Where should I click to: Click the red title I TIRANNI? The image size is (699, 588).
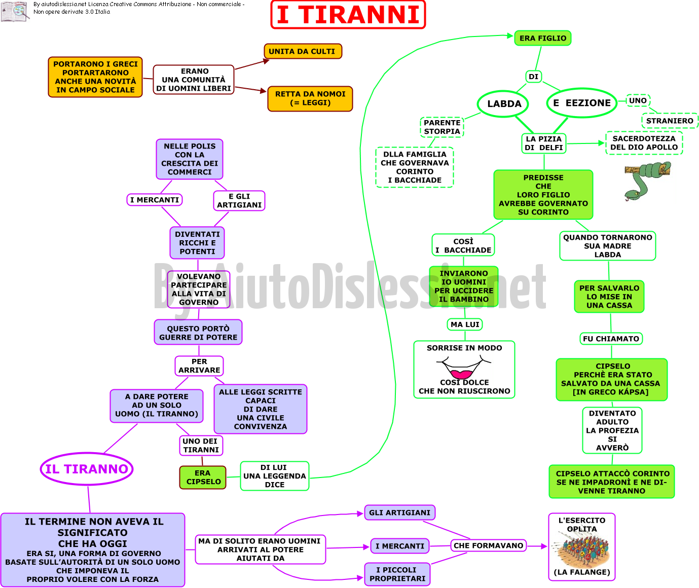pos(348,15)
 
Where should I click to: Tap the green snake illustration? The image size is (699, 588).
pos(647,181)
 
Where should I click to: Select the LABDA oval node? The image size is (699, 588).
pos(503,104)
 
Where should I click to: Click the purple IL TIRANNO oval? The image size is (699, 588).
pos(87,469)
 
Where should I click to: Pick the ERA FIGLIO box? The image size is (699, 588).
pos(543,38)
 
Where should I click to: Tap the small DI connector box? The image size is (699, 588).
pos(533,77)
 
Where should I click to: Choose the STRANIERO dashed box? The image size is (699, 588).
pos(670,121)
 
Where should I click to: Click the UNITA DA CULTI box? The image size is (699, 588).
pos(303,51)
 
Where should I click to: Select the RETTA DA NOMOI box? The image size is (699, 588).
pos(310,98)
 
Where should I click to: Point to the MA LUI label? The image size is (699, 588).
pos(465,324)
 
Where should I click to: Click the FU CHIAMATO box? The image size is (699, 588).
pos(611,339)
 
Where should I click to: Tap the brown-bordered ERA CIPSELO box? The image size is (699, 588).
pos(203,477)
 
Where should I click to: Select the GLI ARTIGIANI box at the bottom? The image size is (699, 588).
pos(399,512)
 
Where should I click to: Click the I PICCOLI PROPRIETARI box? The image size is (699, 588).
pos(397,574)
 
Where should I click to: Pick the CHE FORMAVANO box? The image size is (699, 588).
pos(488,545)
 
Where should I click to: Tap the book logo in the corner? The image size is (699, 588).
pos(15,12)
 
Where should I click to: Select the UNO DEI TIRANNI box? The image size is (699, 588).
pos(201,446)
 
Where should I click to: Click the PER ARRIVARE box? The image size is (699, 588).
pos(199,365)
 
